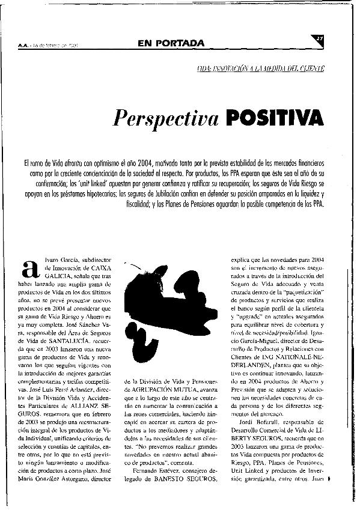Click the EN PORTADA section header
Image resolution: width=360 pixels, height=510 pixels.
pos(171,43)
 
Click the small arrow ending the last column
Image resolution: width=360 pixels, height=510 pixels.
pos(330,496)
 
